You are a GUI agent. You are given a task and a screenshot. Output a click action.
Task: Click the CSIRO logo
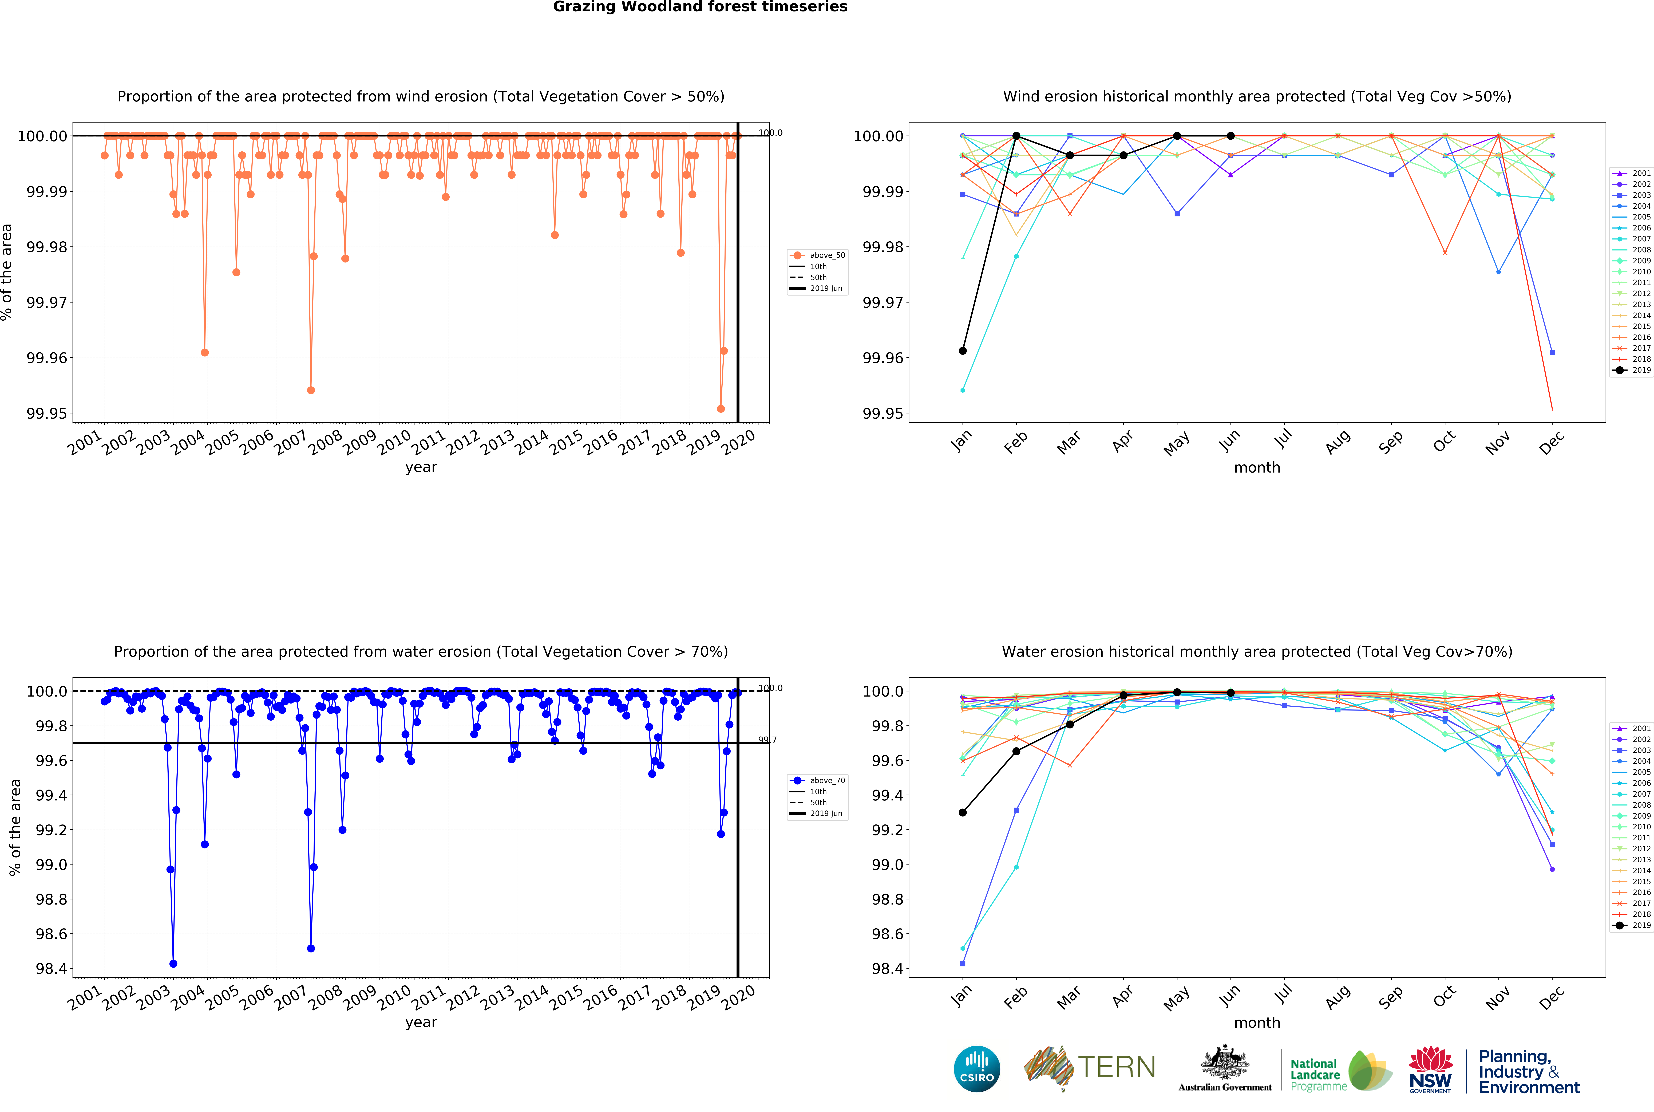tap(977, 1069)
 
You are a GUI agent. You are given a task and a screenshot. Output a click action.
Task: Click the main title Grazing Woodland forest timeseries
tap(700, 7)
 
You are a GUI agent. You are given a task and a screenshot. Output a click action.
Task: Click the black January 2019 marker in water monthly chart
tap(963, 813)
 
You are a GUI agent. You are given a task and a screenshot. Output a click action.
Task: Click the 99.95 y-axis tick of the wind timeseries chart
tap(47, 414)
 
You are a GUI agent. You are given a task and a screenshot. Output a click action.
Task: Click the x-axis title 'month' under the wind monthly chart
tap(1257, 467)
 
